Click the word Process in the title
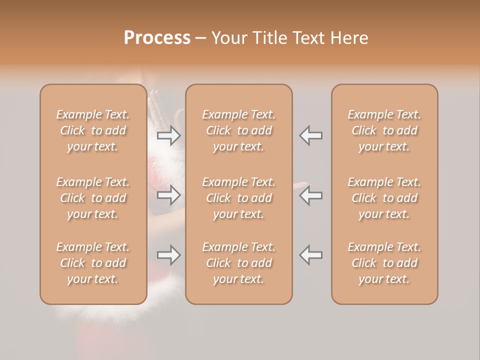click(157, 38)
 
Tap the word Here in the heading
click(349, 38)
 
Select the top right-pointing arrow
click(169, 135)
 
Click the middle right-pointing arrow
click(169, 195)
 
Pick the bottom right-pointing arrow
click(169, 255)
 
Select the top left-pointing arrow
click(311, 135)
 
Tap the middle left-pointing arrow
click(311, 195)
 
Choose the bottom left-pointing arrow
click(311, 255)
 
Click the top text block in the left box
click(93, 130)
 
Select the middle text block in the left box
click(93, 198)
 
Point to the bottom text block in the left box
click(93, 263)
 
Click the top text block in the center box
click(238, 130)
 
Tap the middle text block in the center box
click(238, 198)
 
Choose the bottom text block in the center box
click(238, 263)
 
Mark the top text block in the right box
click(384, 130)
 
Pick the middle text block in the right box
click(384, 198)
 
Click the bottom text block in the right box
click(384, 263)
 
